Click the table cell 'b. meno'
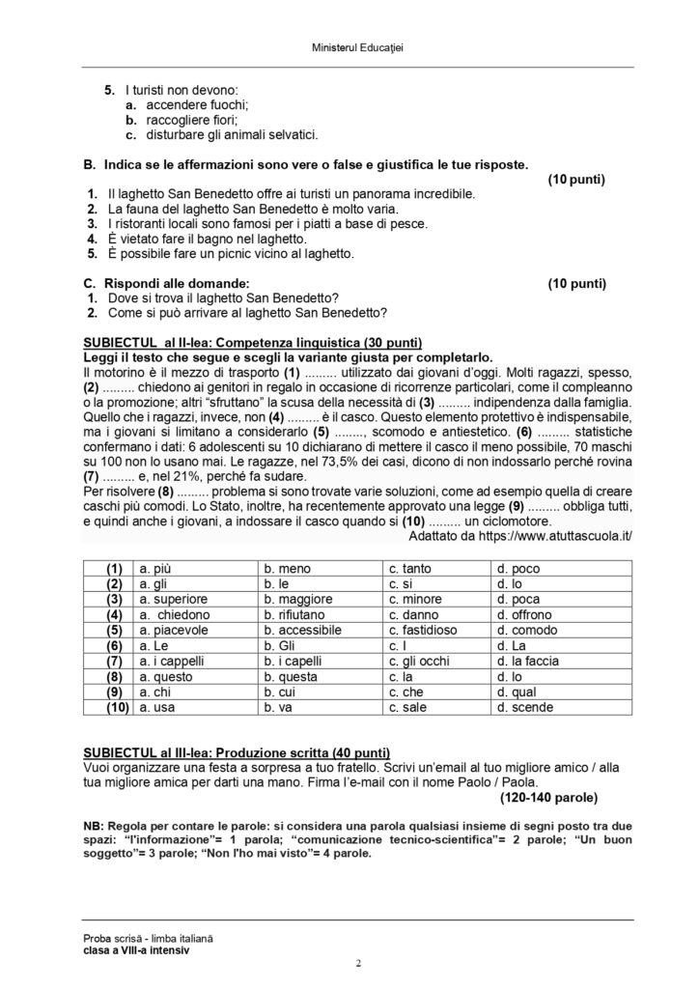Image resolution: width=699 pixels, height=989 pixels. (288, 569)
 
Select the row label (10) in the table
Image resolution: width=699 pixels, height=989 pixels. (113, 708)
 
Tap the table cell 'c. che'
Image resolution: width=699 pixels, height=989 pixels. (408, 692)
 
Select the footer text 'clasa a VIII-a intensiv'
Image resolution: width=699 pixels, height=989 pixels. (136, 949)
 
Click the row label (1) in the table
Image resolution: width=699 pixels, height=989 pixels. (113, 569)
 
